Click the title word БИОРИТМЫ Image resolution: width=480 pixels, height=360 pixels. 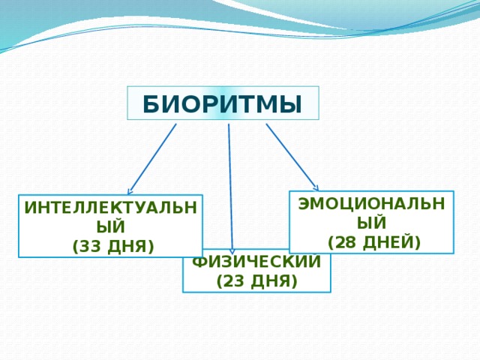pyautogui.click(x=223, y=104)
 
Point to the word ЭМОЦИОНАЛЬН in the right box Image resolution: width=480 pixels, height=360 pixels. pyautogui.click(x=372, y=205)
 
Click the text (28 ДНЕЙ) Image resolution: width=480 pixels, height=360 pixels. pyautogui.click(x=373, y=241)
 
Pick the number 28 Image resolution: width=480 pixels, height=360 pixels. pyautogui.click(x=347, y=241)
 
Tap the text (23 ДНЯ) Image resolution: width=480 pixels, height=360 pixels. pyautogui.click(x=256, y=282)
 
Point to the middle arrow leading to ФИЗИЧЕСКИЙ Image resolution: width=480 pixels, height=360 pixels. pyautogui.click(x=230, y=187)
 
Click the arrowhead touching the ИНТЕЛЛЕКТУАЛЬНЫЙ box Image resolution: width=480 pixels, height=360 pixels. pyautogui.click(x=130, y=192)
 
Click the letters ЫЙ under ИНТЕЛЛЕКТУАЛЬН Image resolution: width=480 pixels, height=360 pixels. pyautogui.click(x=111, y=227)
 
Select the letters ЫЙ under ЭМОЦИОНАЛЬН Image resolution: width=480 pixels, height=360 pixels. pyautogui.click(x=372, y=223)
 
